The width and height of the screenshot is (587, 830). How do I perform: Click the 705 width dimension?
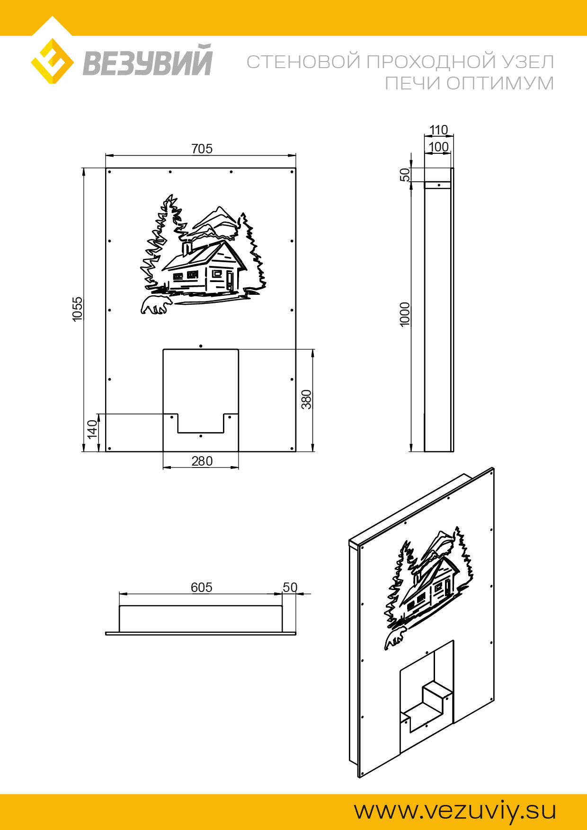pyautogui.click(x=202, y=149)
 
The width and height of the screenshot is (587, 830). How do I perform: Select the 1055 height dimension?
pyautogui.click(x=77, y=309)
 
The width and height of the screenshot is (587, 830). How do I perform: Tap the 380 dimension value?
pyautogui.click(x=307, y=399)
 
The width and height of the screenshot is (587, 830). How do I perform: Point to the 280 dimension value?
pyautogui.click(x=202, y=461)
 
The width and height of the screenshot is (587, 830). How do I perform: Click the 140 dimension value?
pyautogui.click(x=92, y=429)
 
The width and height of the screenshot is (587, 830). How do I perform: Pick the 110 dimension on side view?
pyautogui.click(x=438, y=130)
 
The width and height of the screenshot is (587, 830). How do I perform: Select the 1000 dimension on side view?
pyautogui.click(x=405, y=314)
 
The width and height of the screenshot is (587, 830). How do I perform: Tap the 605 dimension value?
pyautogui.click(x=201, y=587)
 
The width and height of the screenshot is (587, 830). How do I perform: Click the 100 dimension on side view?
pyautogui.click(x=438, y=147)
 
